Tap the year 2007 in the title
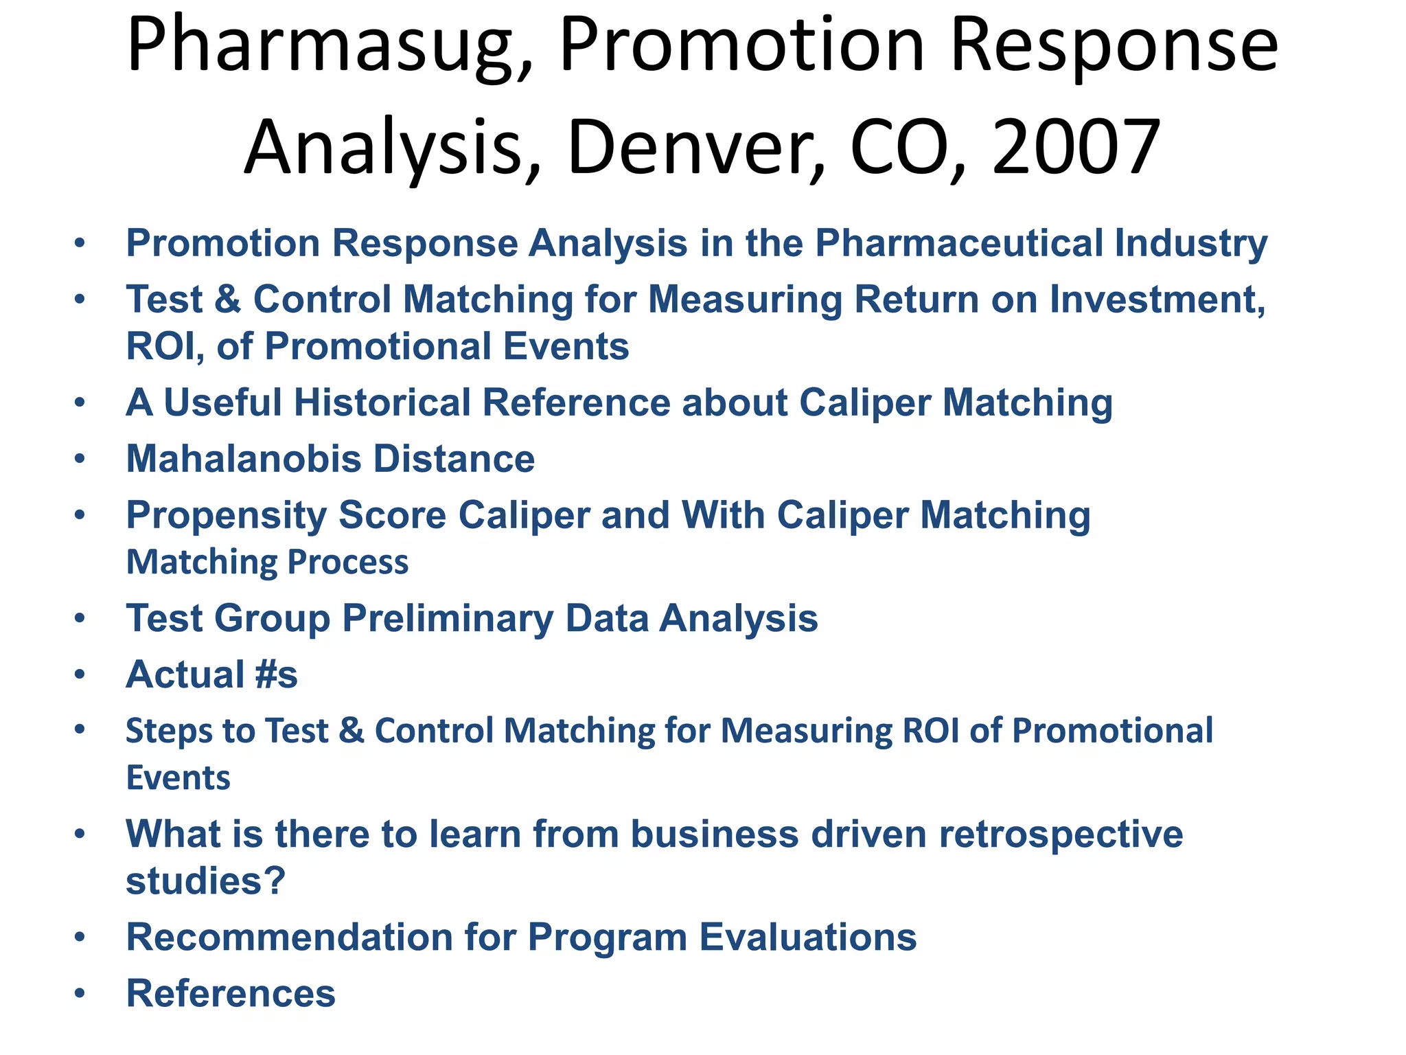[x=1076, y=148]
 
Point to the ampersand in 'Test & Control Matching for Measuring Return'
[x=228, y=300]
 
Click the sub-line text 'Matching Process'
[x=267, y=562]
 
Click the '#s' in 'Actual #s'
[x=276, y=674]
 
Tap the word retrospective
[x=1061, y=834]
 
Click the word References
[x=231, y=993]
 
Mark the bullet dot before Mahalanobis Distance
[x=80, y=459]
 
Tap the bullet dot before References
[x=80, y=993]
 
